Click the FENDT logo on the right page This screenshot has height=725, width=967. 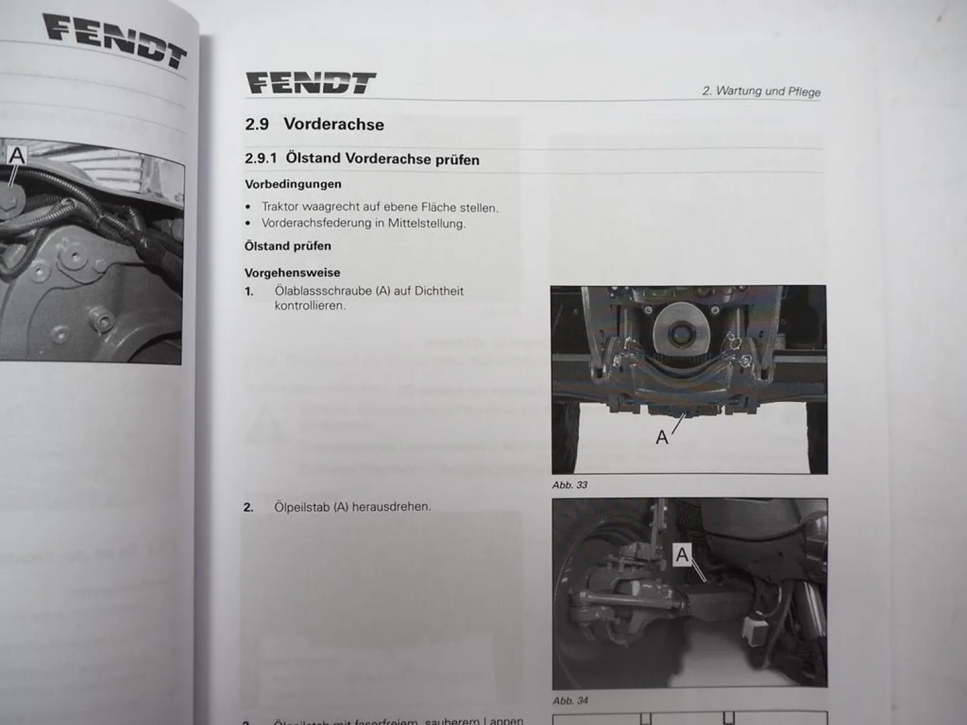[x=311, y=83]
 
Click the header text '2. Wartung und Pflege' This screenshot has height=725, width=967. [x=761, y=92]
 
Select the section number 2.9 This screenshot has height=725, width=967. [x=257, y=124]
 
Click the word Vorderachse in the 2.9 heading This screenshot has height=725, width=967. [x=333, y=124]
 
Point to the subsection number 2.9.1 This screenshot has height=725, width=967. [x=260, y=158]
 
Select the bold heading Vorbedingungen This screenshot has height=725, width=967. [x=293, y=184]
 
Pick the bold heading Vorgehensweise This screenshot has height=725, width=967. [x=292, y=273]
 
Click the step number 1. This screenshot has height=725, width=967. [x=249, y=291]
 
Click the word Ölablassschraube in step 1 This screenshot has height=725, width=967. [x=324, y=291]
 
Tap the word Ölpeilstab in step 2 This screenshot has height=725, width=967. [x=302, y=507]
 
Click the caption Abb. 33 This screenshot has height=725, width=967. [x=569, y=485]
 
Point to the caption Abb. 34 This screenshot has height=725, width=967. [x=570, y=701]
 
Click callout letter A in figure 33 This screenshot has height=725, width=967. [x=662, y=438]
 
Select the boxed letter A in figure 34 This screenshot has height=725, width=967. [x=682, y=554]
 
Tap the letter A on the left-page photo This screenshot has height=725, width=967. [x=17, y=156]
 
